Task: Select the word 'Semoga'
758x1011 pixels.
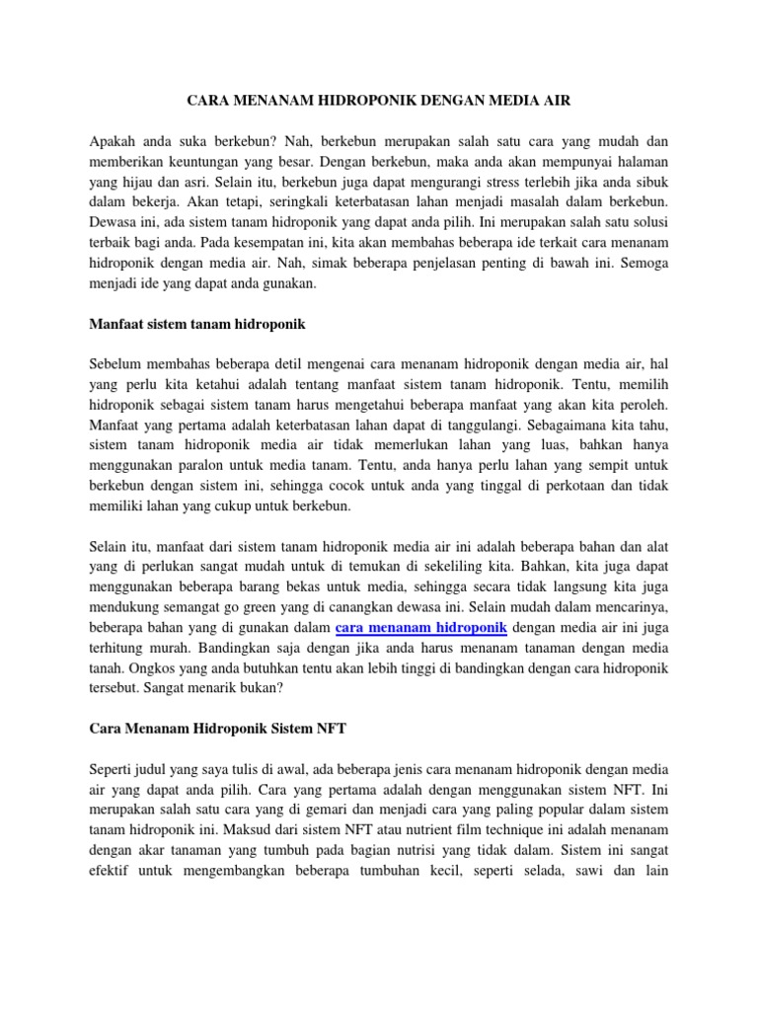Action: click(642, 262)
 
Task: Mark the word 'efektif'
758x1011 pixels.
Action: click(111, 871)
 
